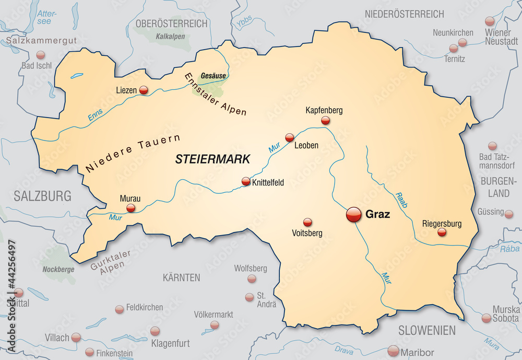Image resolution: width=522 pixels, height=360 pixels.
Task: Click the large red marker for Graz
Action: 353,214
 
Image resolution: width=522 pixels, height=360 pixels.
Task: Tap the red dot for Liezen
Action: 144,90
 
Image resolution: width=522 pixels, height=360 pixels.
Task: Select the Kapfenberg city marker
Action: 326,121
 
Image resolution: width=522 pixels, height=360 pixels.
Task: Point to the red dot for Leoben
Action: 290,137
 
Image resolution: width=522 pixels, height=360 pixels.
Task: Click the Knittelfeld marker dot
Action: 246,182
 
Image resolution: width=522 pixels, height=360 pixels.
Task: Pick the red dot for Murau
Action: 130,208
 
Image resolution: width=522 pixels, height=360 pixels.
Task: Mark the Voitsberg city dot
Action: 307,222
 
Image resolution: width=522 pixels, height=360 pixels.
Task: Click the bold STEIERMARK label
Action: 213,158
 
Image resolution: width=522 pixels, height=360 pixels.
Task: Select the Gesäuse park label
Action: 213,76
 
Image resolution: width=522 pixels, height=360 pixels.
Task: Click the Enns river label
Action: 95,116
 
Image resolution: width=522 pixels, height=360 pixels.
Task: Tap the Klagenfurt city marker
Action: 155,331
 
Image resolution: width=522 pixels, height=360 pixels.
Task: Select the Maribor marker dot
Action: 394,351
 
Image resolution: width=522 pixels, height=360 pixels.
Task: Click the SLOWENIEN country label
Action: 427,330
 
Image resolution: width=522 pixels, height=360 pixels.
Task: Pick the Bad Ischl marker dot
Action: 40,55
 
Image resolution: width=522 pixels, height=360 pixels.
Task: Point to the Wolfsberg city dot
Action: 252,279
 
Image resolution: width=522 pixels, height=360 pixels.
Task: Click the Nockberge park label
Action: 58,270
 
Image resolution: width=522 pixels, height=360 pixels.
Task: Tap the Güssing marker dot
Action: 508,213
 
